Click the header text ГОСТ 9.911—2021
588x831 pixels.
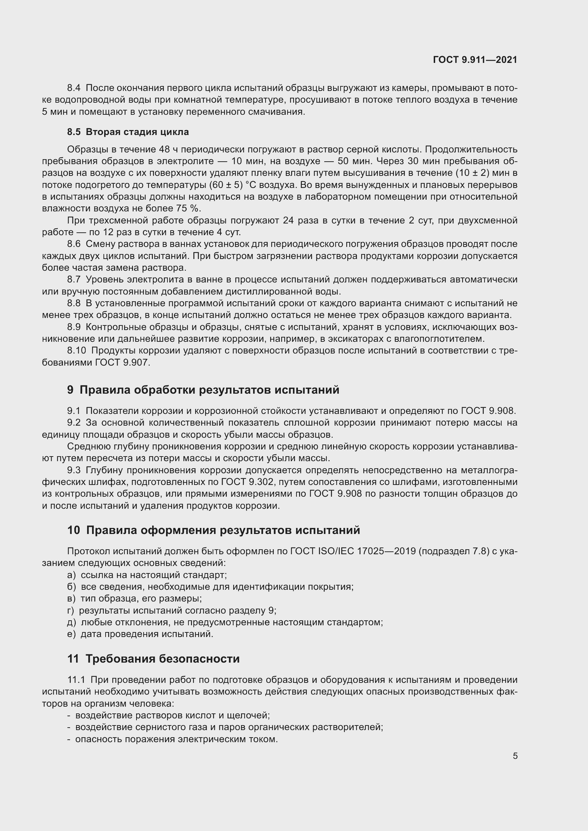coord(475,60)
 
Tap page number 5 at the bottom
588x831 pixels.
coord(515,756)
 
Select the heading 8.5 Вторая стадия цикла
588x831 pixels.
coord(128,132)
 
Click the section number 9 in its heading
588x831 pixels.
coord(70,390)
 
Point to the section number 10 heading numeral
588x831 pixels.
coord(74,530)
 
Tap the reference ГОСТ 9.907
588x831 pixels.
coord(122,362)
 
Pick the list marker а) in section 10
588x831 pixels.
coord(71,575)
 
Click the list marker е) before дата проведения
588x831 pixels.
coord(71,634)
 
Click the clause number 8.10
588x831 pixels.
coord(76,350)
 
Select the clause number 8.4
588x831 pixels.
coord(74,88)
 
